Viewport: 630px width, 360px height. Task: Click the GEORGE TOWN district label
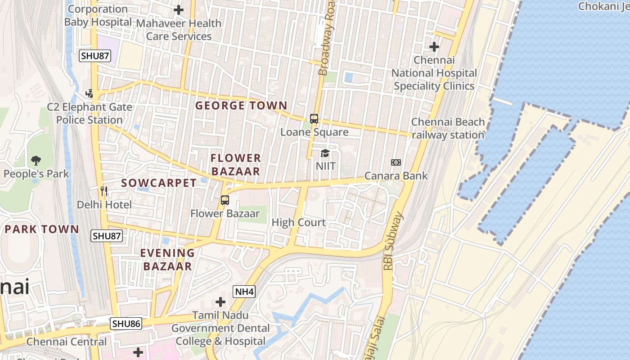[241, 106]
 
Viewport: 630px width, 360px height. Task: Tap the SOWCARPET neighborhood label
[158, 183]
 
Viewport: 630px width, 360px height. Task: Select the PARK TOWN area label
[41, 229]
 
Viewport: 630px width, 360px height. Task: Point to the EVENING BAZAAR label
[167, 259]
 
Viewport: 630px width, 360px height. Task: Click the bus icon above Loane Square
[314, 119]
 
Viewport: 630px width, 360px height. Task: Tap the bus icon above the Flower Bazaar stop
[225, 200]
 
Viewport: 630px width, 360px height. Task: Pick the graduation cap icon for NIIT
[325, 153]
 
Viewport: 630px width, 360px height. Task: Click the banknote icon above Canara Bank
[396, 162]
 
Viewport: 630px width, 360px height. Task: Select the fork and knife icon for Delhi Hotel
[104, 191]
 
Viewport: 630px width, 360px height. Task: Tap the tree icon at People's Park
[36, 160]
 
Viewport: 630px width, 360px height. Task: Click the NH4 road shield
[244, 292]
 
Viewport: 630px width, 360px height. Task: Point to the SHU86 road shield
[126, 324]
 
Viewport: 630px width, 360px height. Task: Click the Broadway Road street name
[327, 38]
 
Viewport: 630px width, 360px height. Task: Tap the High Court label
[299, 222]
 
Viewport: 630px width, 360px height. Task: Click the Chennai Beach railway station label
[448, 128]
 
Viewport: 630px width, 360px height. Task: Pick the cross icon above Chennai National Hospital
[434, 46]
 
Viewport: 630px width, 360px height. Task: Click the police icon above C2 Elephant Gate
[90, 93]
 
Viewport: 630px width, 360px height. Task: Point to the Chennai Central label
[67, 342]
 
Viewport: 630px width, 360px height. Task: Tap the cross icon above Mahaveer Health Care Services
[179, 9]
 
